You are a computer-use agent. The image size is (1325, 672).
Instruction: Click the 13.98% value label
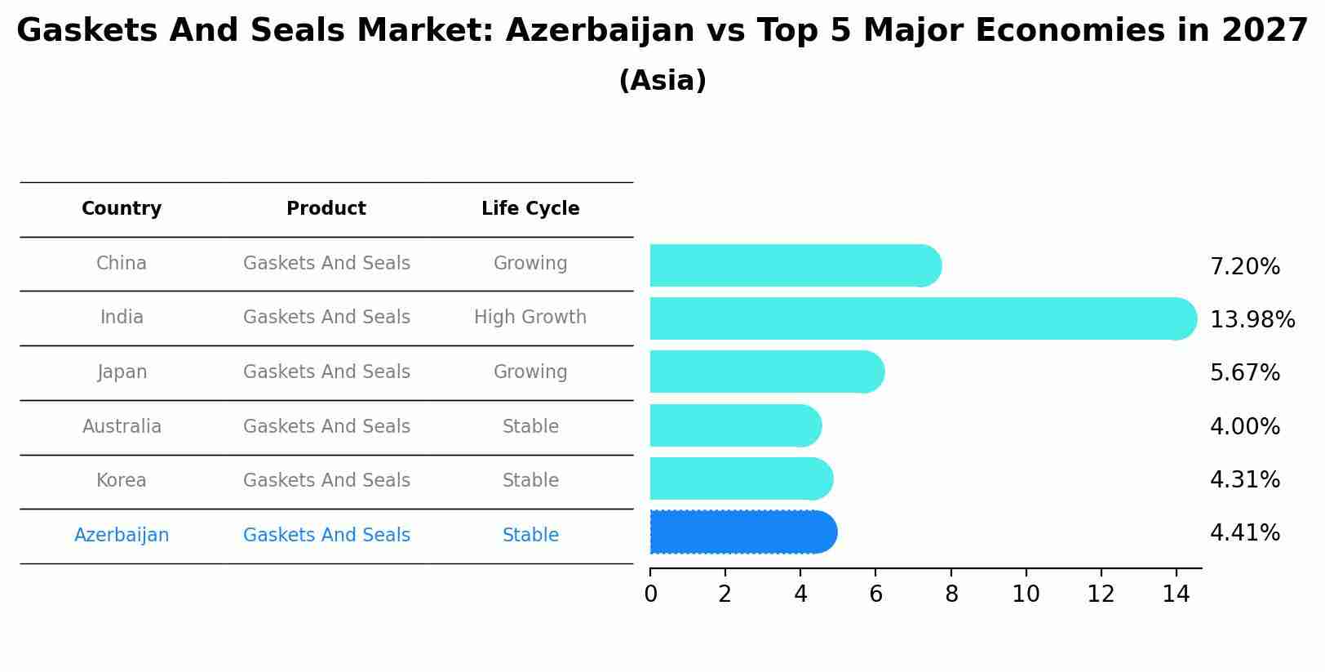tap(1252, 320)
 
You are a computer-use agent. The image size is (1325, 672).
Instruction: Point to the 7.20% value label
tap(1244, 267)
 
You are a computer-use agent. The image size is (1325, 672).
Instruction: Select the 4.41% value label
tap(1244, 533)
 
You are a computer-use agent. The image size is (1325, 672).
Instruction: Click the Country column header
tap(122, 209)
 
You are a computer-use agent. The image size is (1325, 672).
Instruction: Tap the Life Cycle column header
tap(530, 209)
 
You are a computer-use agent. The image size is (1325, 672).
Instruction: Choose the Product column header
tap(326, 209)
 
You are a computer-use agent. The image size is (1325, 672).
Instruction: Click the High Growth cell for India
tap(530, 318)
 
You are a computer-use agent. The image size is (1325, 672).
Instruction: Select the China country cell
tap(122, 264)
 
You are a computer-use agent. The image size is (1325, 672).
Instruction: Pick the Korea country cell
tap(122, 481)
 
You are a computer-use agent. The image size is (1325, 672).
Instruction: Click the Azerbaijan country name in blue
tap(122, 536)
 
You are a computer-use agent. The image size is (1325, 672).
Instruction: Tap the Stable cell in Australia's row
tap(530, 427)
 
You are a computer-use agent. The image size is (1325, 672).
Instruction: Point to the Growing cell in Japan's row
tap(530, 372)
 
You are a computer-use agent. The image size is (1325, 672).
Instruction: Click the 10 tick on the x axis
tap(1026, 594)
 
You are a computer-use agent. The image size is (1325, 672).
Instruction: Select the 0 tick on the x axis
tap(650, 594)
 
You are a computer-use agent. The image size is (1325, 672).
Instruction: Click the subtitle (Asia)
tap(662, 81)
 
